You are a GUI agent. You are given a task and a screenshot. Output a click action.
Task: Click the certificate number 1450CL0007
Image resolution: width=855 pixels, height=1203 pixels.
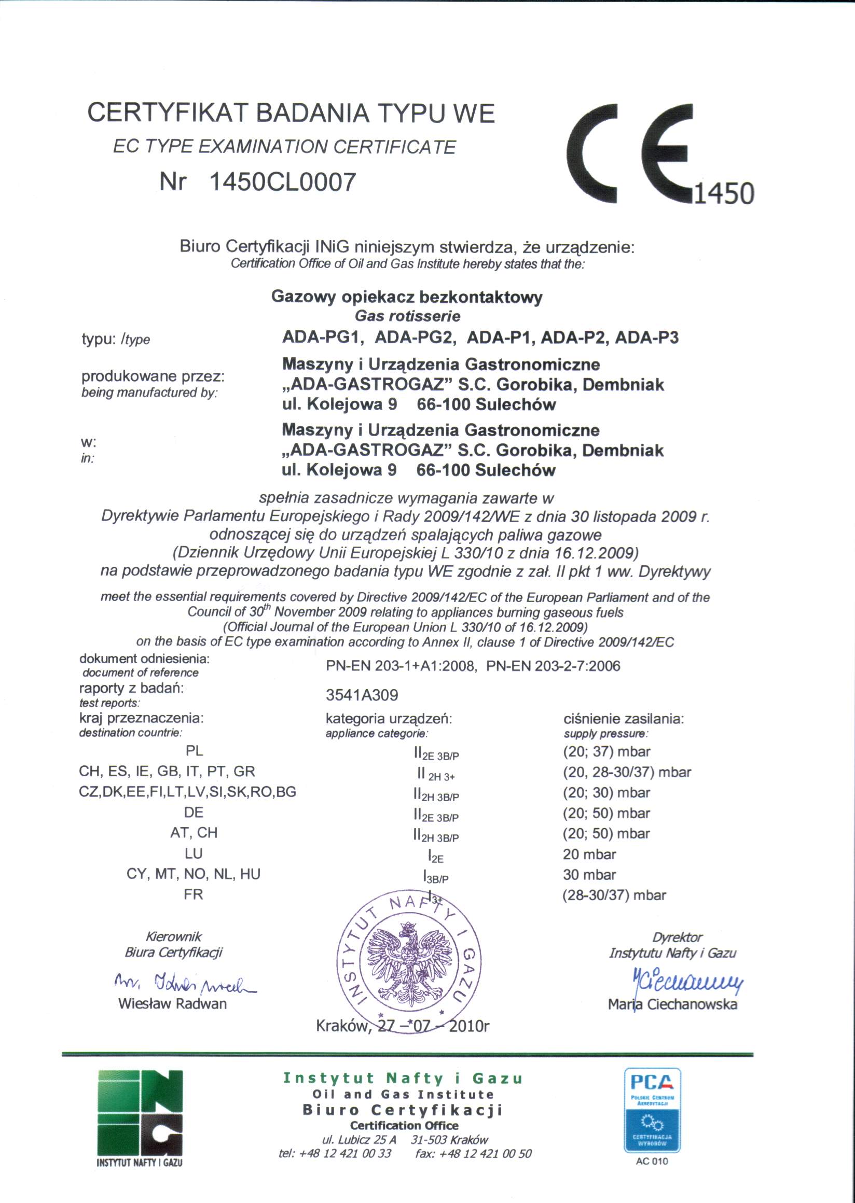[x=283, y=182]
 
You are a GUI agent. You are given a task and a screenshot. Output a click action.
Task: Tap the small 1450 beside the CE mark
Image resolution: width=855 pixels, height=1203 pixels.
[x=724, y=193]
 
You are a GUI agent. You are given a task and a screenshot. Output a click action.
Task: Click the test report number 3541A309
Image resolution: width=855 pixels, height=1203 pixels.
[x=362, y=695]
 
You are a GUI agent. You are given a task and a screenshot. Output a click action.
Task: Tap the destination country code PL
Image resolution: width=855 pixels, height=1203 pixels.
[x=194, y=751]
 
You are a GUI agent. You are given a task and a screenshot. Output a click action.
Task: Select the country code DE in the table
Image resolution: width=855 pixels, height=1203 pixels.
[x=194, y=813]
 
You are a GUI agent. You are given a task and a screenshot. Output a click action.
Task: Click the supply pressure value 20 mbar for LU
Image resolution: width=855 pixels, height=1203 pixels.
[x=589, y=854]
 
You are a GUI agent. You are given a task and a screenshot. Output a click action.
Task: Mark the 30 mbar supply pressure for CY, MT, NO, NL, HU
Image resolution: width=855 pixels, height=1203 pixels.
[x=589, y=875]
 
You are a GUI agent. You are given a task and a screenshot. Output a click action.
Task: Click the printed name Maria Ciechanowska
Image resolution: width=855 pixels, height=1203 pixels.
[x=672, y=1004]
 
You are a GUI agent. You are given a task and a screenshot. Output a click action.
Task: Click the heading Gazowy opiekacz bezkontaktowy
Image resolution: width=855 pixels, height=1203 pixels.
[x=406, y=297]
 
